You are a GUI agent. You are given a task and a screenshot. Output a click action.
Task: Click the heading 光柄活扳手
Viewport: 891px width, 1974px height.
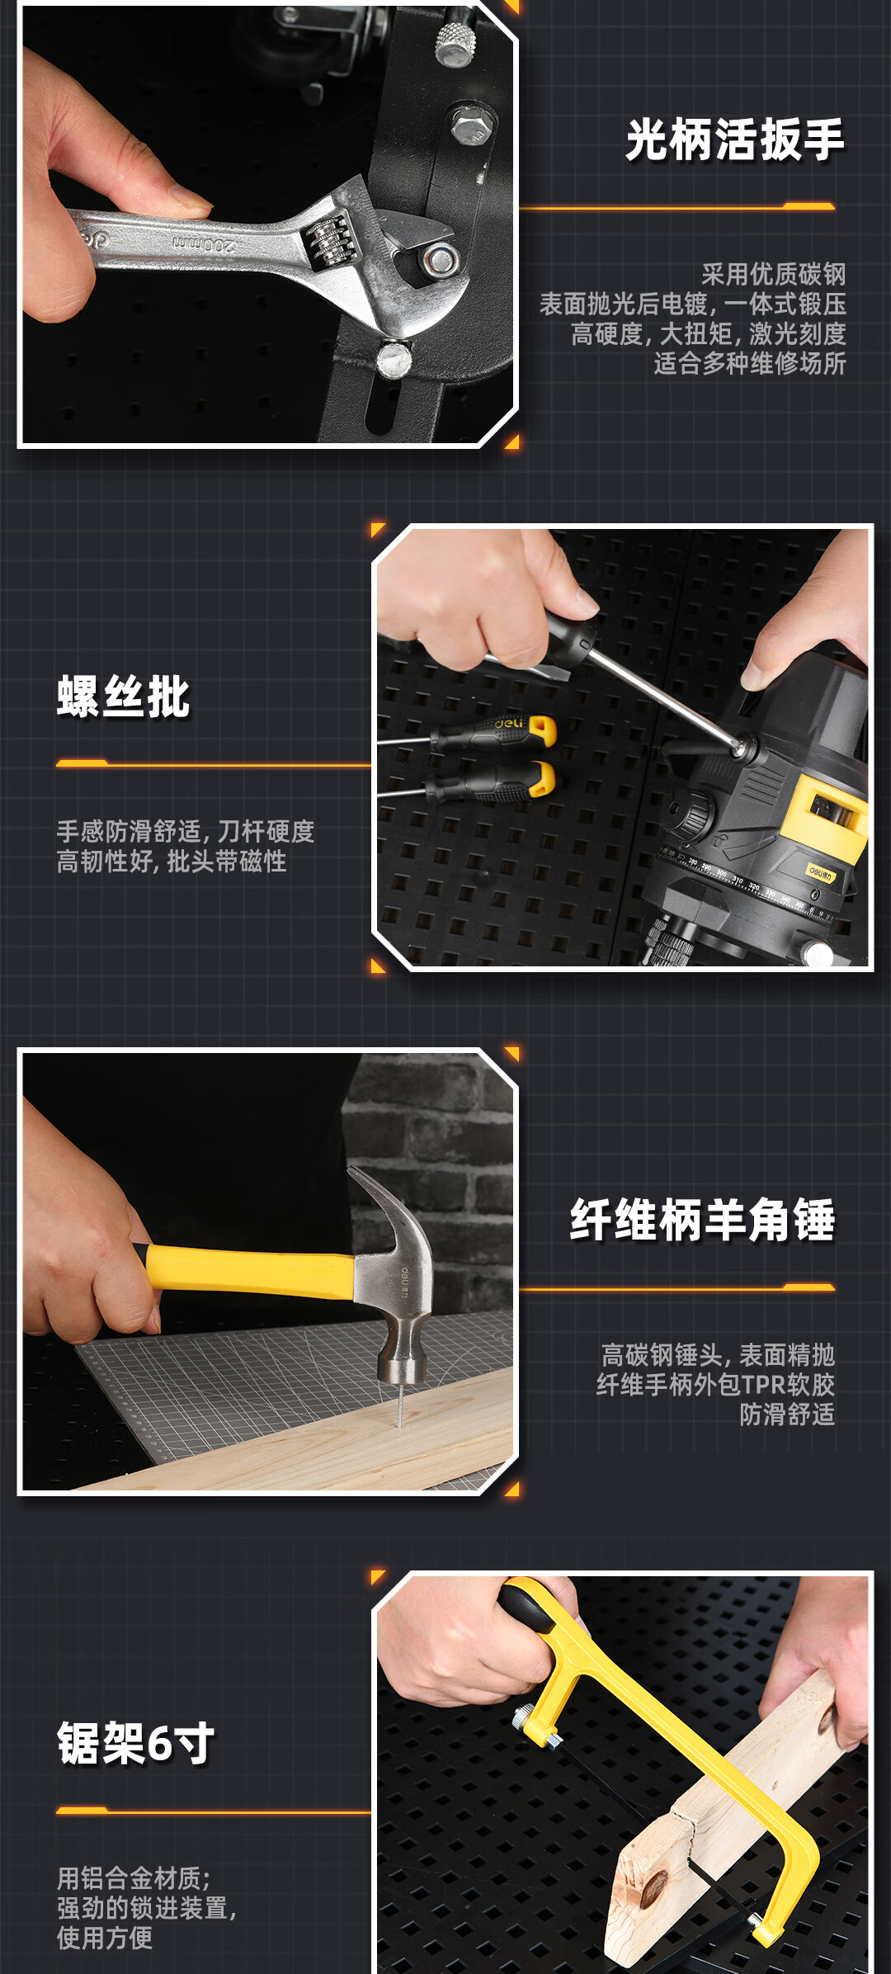735,140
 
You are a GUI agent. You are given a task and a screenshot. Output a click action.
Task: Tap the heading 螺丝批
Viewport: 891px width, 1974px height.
124,697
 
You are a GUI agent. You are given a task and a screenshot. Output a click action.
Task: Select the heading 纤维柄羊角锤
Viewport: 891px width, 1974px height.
703,1220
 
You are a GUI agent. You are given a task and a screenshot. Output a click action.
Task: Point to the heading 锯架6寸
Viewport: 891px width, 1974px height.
136,1743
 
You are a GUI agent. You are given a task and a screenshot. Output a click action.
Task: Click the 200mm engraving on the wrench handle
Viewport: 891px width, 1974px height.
204,243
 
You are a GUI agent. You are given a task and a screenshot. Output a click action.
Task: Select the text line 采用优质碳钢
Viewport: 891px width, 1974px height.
774,274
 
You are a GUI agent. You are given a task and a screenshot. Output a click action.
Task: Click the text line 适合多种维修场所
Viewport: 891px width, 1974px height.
750,363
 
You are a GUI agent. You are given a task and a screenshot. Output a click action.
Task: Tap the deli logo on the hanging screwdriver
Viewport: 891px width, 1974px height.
509,723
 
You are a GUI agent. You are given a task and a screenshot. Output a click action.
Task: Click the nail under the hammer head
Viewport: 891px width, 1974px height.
400,1406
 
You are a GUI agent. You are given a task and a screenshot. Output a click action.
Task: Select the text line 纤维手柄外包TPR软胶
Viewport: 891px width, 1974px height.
716,1385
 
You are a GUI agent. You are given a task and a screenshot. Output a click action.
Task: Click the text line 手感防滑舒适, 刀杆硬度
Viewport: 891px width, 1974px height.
186,832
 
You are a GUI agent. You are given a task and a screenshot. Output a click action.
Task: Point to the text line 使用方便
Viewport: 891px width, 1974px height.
105,1938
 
